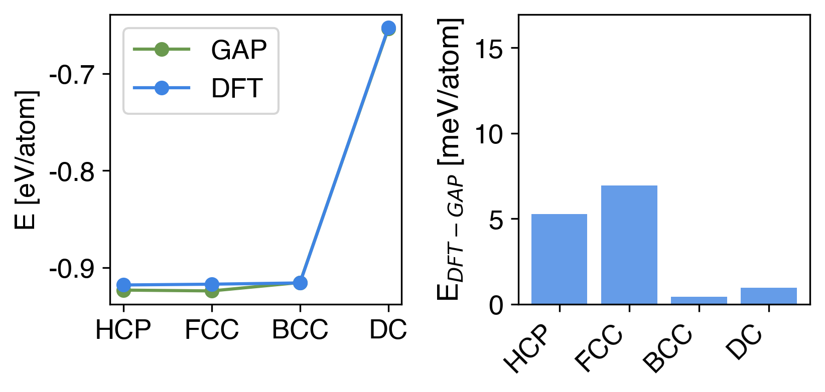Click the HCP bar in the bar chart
[559, 259]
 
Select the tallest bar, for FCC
[629, 245]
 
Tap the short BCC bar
[699, 300]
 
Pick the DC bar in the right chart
[768, 296]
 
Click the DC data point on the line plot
[388, 28]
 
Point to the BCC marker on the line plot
[300, 283]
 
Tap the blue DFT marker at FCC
[212, 284]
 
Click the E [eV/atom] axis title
[26, 159]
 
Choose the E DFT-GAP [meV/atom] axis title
[450, 159]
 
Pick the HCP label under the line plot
[123, 330]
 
